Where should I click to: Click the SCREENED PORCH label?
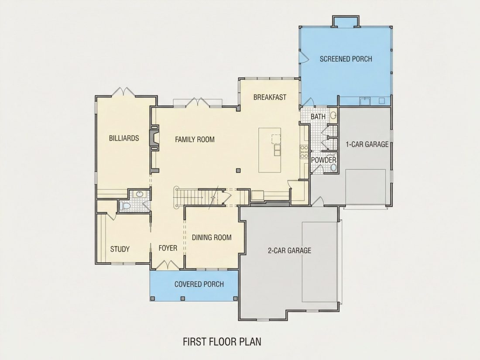[346, 59]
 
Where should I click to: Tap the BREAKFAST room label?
[270, 97]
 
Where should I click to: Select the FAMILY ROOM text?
[195, 140]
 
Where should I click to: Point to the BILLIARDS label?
[124, 138]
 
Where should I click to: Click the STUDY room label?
[120, 249]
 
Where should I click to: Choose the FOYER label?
[168, 248]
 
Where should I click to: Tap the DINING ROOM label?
[212, 237]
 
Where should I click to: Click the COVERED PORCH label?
[199, 285]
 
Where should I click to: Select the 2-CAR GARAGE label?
[289, 251]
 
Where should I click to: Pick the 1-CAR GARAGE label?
[367, 144]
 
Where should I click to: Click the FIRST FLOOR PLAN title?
[222, 342]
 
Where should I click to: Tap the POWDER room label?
[324, 160]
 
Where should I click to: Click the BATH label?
[318, 117]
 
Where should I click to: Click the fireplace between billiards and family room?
[154, 137]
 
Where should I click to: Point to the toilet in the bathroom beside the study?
[125, 206]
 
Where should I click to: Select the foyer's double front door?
[167, 265]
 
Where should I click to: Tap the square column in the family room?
[238, 171]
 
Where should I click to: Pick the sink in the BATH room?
[333, 115]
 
